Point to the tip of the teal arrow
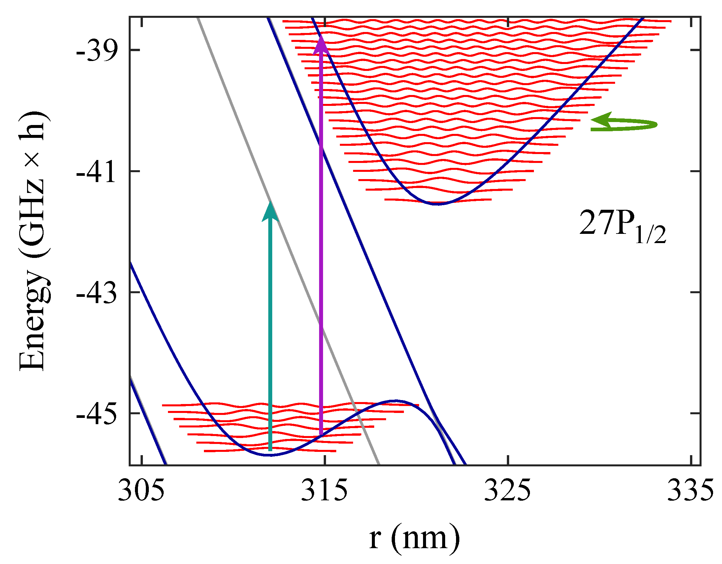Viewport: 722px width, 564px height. click(270, 202)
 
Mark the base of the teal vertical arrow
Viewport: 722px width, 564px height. click(270, 450)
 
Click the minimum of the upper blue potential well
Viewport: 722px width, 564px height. click(437, 204)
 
